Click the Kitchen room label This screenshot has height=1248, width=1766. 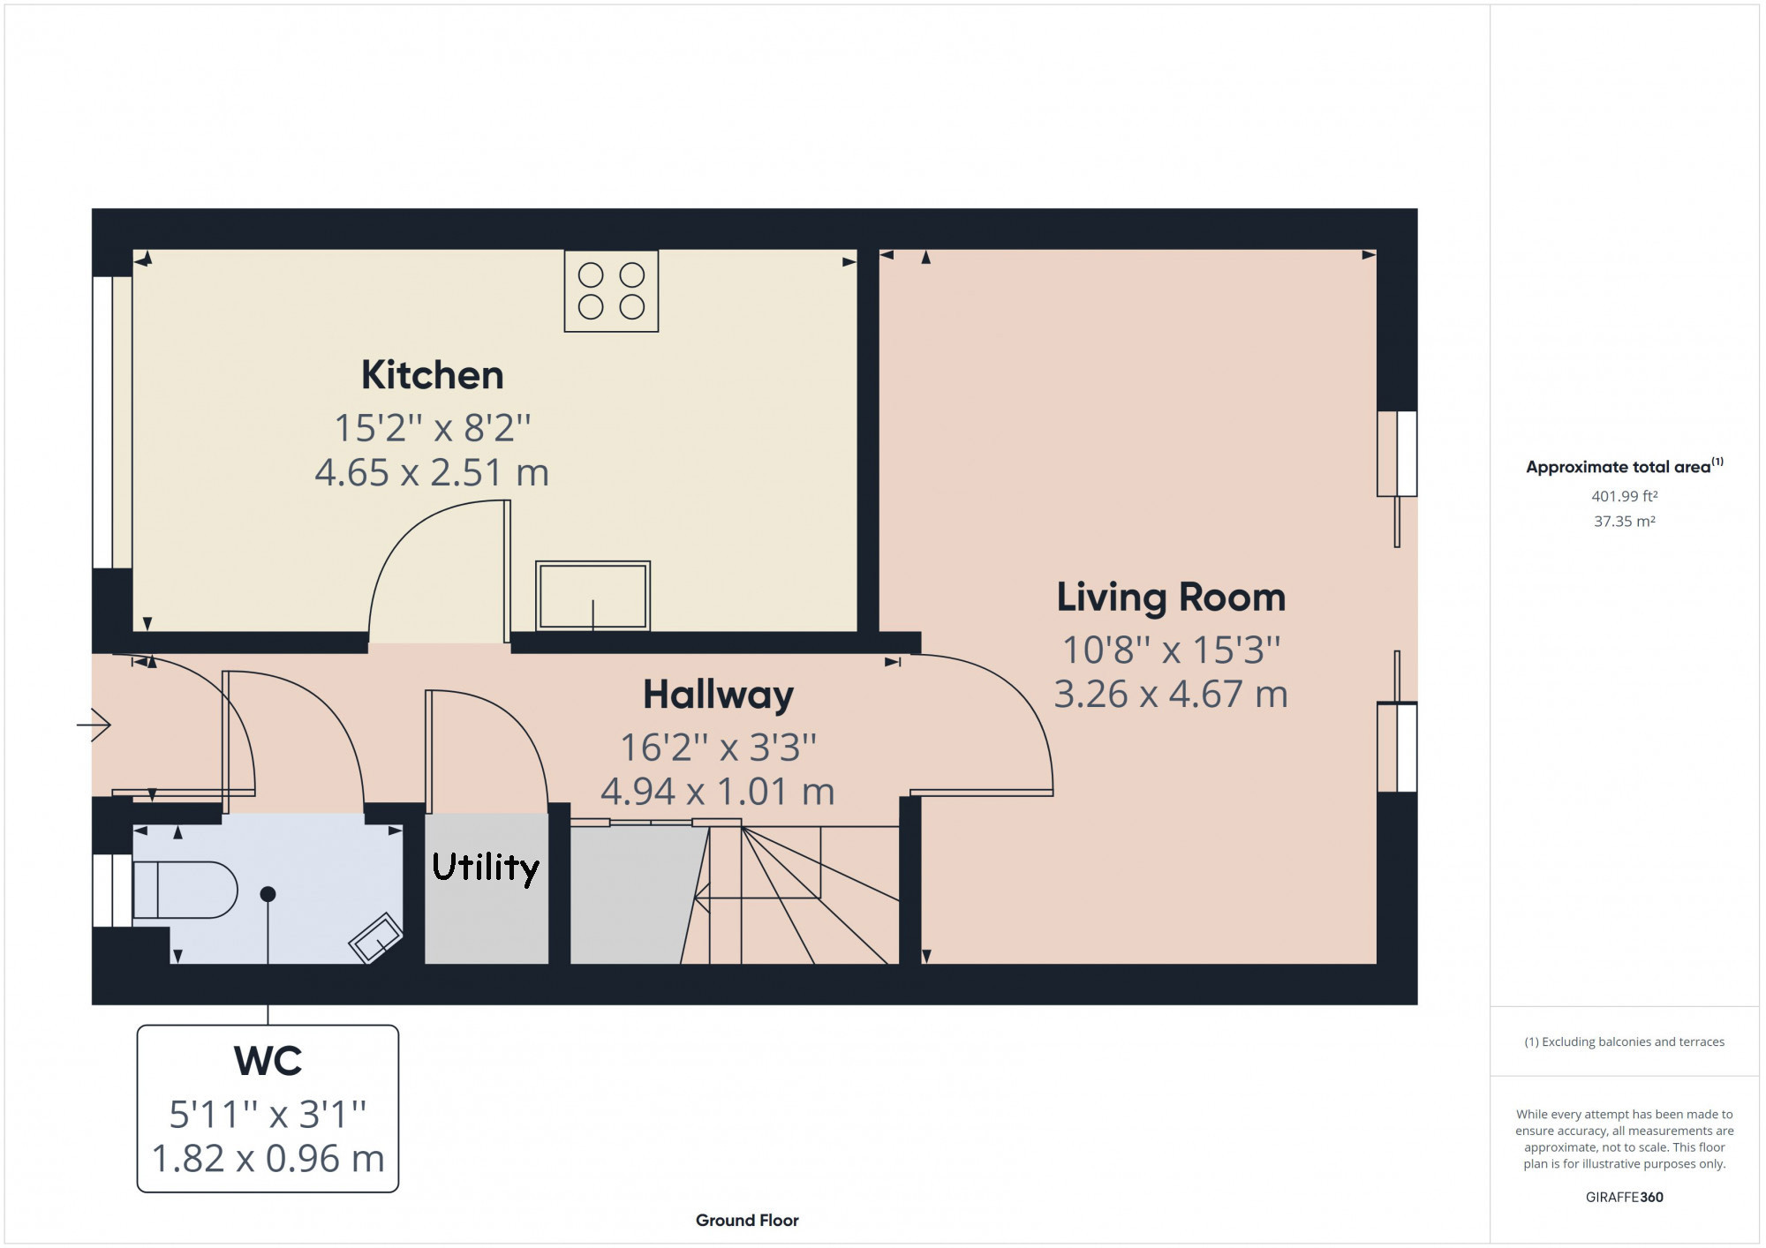click(x=433, y=375)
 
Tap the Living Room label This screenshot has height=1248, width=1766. click(x=1171, y=598)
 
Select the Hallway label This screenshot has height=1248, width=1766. click(x=718, y=695)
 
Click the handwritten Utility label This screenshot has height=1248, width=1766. click(x=486, y=867)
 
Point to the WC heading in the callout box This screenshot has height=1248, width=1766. click(x=268, y=1061)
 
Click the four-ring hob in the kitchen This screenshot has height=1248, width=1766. click(x=611, y=291)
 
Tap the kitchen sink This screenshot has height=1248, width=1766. click(x=593, y=596)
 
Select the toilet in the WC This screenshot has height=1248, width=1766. click(x=185, y=890)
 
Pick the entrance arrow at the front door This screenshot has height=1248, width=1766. click(x=94, y=725)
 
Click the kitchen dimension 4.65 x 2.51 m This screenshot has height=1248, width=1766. click(x=432, y=473)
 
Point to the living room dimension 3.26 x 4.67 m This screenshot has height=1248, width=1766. click(x=1171, y=695)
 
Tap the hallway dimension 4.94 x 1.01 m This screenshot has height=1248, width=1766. click(x=718, y=792)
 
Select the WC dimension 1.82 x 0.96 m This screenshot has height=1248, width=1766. click(x=268, y=1159)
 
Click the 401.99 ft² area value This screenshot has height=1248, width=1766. click(x=1625, y=496)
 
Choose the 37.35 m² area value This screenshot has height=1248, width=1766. click(x=1625, y=522)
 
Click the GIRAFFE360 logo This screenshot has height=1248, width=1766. click(x=1625, y=1198)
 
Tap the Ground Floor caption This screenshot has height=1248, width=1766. click(x=747, y=1221)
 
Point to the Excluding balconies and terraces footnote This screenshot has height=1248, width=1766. click(x=1625, y=1042)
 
